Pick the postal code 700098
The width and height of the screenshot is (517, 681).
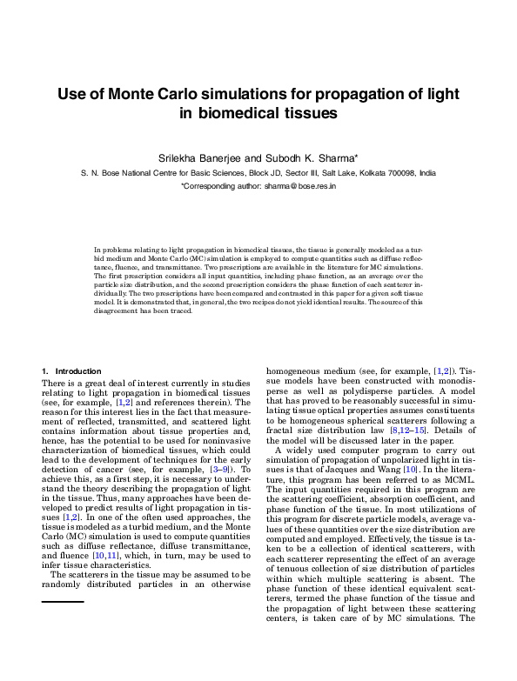tap(397, 173)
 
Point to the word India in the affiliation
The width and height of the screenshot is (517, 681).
tap(427, 173)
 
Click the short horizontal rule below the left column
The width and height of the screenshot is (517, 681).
tap(63, 601)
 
